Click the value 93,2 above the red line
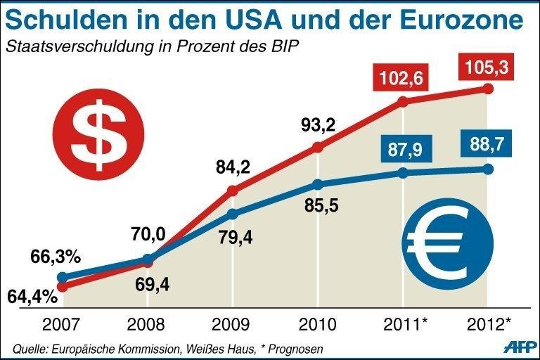point(318,126)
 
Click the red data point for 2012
point(489,89)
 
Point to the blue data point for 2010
point(318,184)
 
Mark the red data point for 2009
point(233,190)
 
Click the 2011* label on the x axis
point(405,324)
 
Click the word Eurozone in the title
point(458,19)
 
